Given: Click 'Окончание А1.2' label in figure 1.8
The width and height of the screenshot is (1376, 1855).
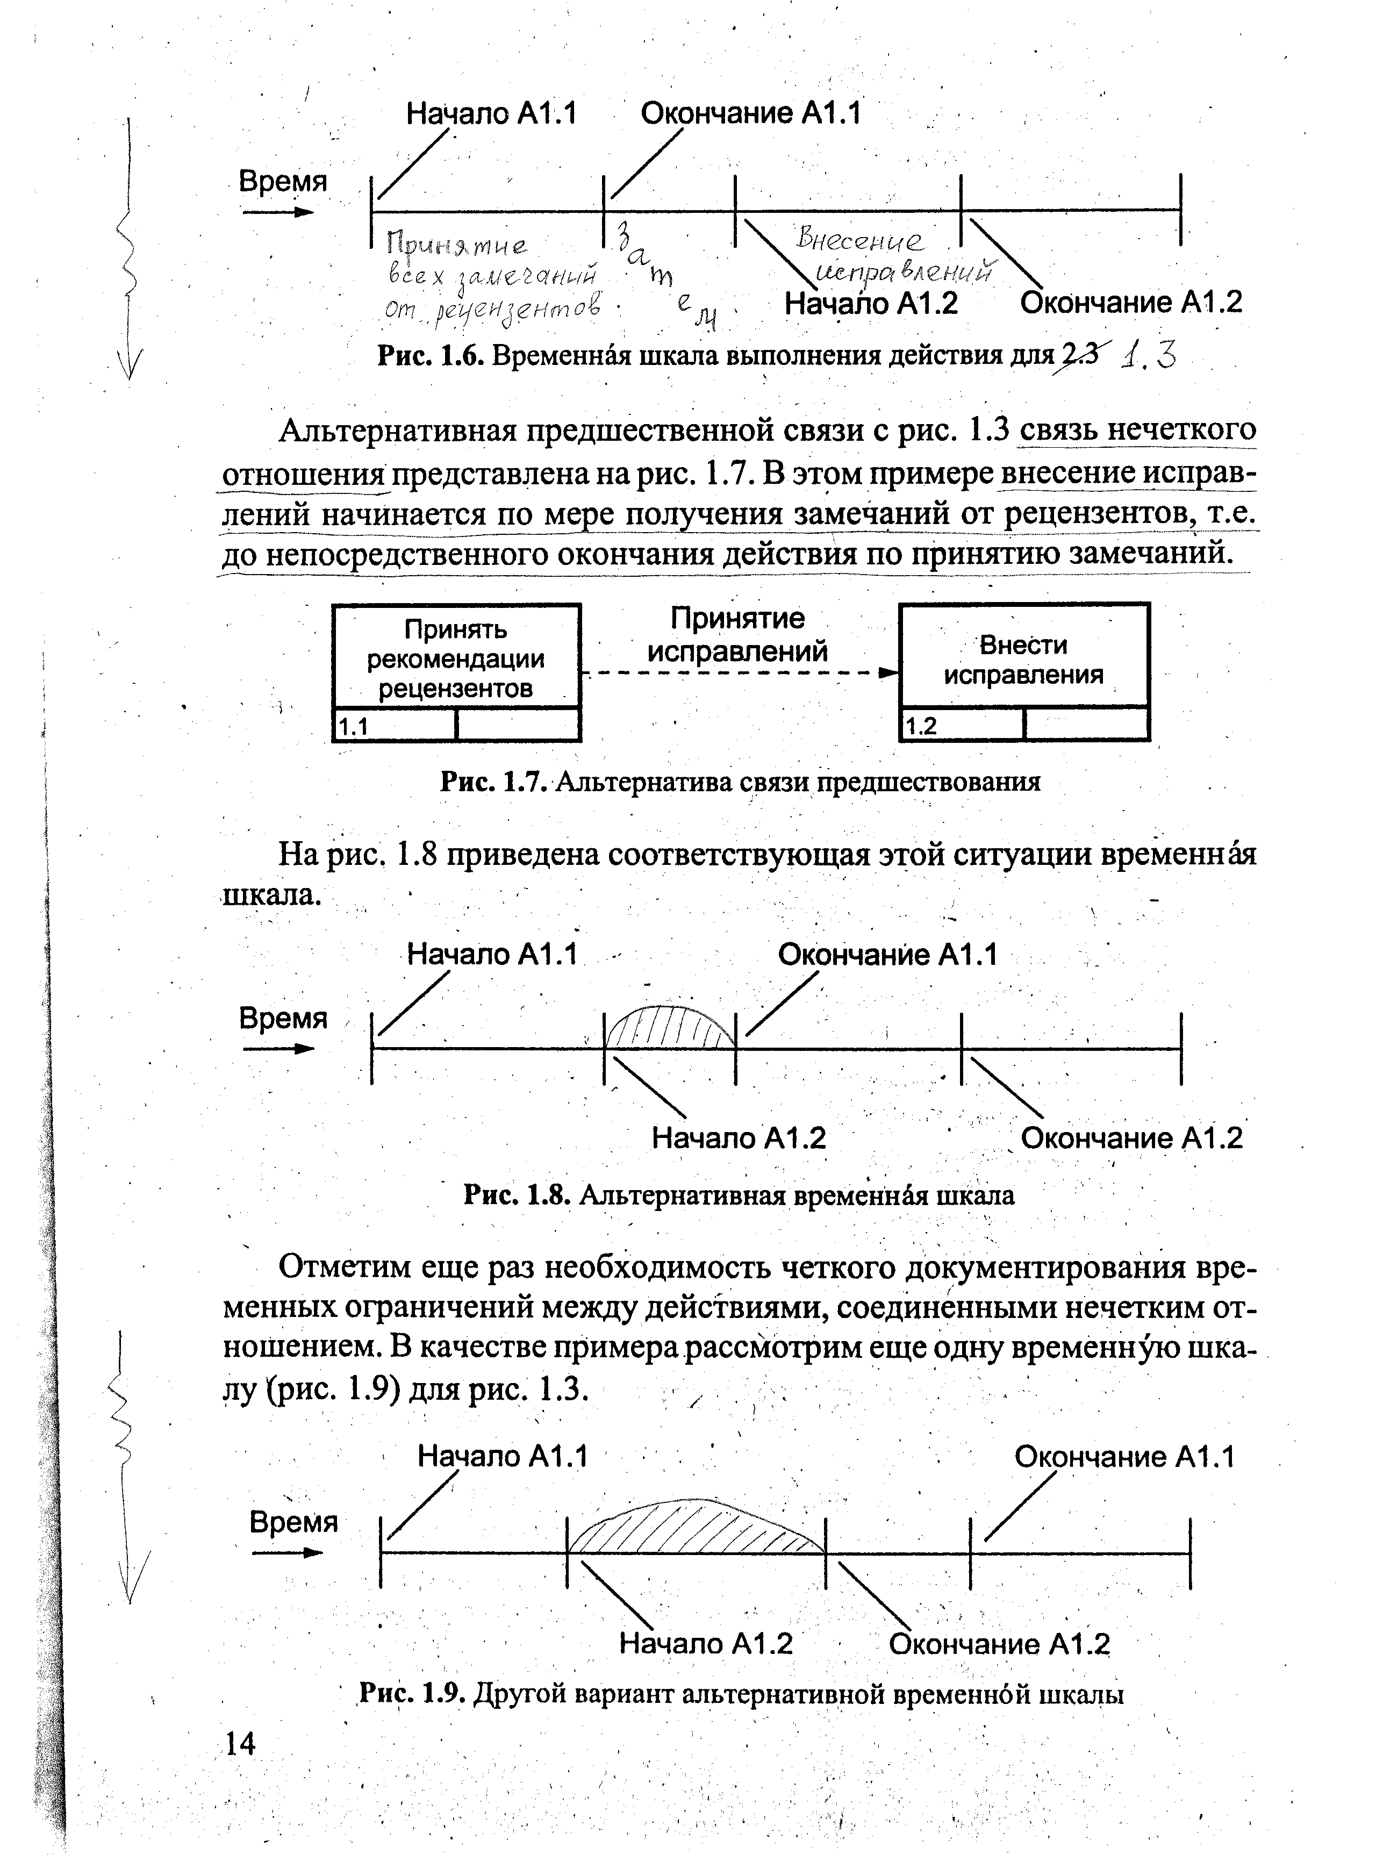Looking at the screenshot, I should coord(1131,1138).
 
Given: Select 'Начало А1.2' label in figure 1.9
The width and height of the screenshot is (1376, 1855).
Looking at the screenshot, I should coord(706,1643).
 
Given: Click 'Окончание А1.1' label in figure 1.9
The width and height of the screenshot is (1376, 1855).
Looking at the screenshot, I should coord(1123,1457).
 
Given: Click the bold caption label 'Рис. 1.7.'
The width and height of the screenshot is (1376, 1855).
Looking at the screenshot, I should coord(493,782).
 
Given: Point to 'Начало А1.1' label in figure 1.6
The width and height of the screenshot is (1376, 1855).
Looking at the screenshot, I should coord(491,113).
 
